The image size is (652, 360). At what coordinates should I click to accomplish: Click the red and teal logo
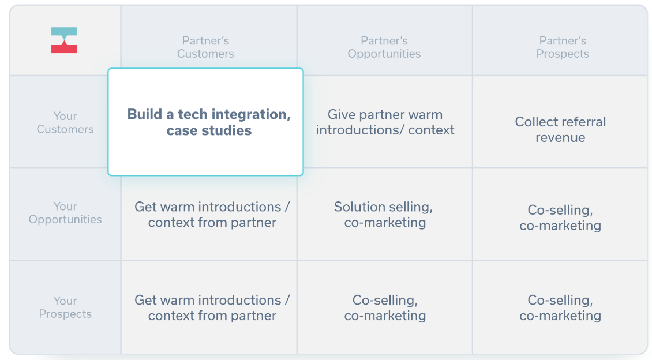tap(64, 40)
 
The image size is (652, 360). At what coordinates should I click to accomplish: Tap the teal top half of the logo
tap(64, 32)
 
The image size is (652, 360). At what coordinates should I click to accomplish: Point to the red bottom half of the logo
tap(64, 48)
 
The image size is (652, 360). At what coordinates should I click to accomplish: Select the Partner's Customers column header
tap(205, 47)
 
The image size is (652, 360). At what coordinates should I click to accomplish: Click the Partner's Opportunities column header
tap(384, 47)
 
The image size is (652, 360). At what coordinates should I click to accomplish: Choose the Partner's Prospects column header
tap(563, 47)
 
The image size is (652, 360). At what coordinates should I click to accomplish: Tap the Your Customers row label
tap(65, 123)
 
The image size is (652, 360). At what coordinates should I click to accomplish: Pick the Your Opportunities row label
tap(65, 213)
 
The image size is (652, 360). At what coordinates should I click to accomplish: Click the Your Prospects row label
tap(65, 307)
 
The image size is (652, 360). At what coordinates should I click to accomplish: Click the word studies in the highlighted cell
tap(227, 131)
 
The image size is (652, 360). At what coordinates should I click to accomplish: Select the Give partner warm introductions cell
tap(385, 122)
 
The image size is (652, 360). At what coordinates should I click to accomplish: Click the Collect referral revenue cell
tap(560, 130)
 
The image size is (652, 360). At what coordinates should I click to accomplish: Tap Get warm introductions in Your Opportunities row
tap(212, 215)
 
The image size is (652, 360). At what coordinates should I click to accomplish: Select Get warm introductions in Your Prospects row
tap(212, 308)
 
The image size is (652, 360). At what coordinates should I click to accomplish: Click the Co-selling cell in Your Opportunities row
tap(560, 217)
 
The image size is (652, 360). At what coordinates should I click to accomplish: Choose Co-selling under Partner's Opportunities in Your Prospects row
tap(385, 308)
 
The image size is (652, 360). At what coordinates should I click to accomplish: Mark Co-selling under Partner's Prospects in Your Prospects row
tap(560, 308)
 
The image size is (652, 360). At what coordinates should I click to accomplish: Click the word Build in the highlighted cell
tap(145, 114)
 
